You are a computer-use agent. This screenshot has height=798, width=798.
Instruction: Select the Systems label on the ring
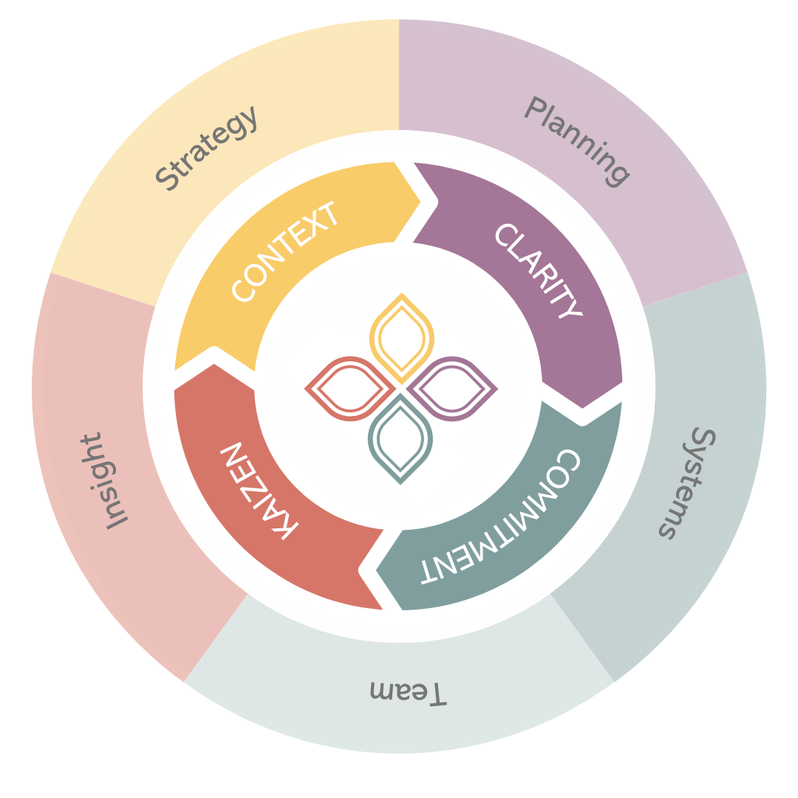687,483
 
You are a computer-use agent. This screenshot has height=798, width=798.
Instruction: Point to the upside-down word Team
408,692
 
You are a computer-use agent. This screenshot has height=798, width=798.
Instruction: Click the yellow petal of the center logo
400,335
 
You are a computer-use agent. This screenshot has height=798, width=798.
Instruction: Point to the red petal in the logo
349,388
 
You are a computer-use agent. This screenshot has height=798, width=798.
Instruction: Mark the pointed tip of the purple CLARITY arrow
584,407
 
